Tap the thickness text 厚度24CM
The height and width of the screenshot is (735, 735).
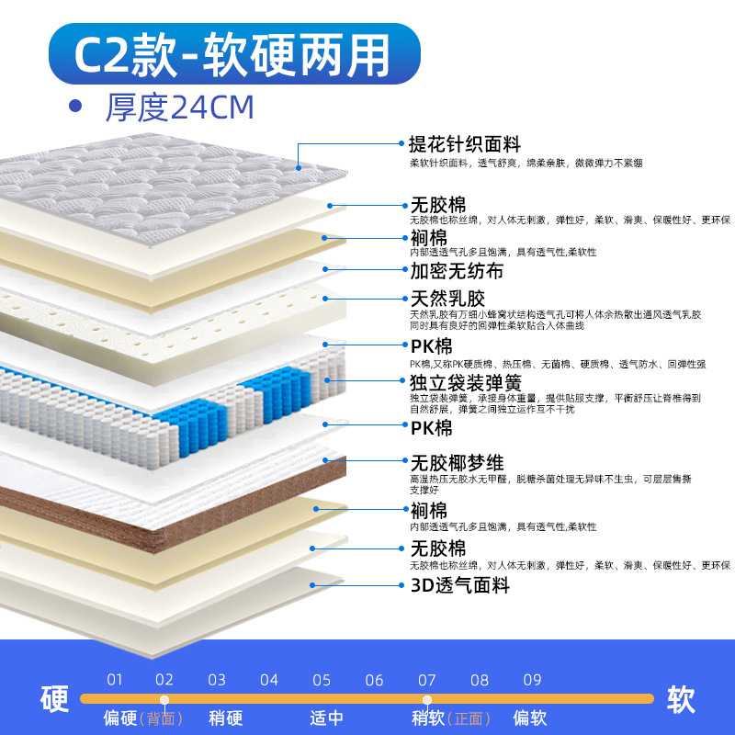coord(179,107)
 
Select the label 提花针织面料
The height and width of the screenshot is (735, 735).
coord(465,144)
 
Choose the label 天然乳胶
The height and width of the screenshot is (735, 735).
coord(447,300)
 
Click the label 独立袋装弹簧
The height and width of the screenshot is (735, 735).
coord(465,382)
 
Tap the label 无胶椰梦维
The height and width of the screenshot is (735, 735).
coord(457,461)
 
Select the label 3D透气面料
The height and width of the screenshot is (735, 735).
coord(459,585)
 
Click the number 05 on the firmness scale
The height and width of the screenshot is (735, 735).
coord(322,681)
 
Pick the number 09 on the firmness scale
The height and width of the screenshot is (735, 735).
coord(532,681)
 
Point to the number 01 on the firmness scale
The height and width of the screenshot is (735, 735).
coord(114,681)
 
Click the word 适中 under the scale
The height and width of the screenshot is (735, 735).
coord(327,718)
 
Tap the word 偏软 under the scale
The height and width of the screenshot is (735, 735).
coord(529,718)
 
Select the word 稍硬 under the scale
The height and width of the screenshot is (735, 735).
coord(225,718)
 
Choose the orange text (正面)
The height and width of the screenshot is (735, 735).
coord(468,718)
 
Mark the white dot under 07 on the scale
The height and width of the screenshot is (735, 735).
coord(427,700)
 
